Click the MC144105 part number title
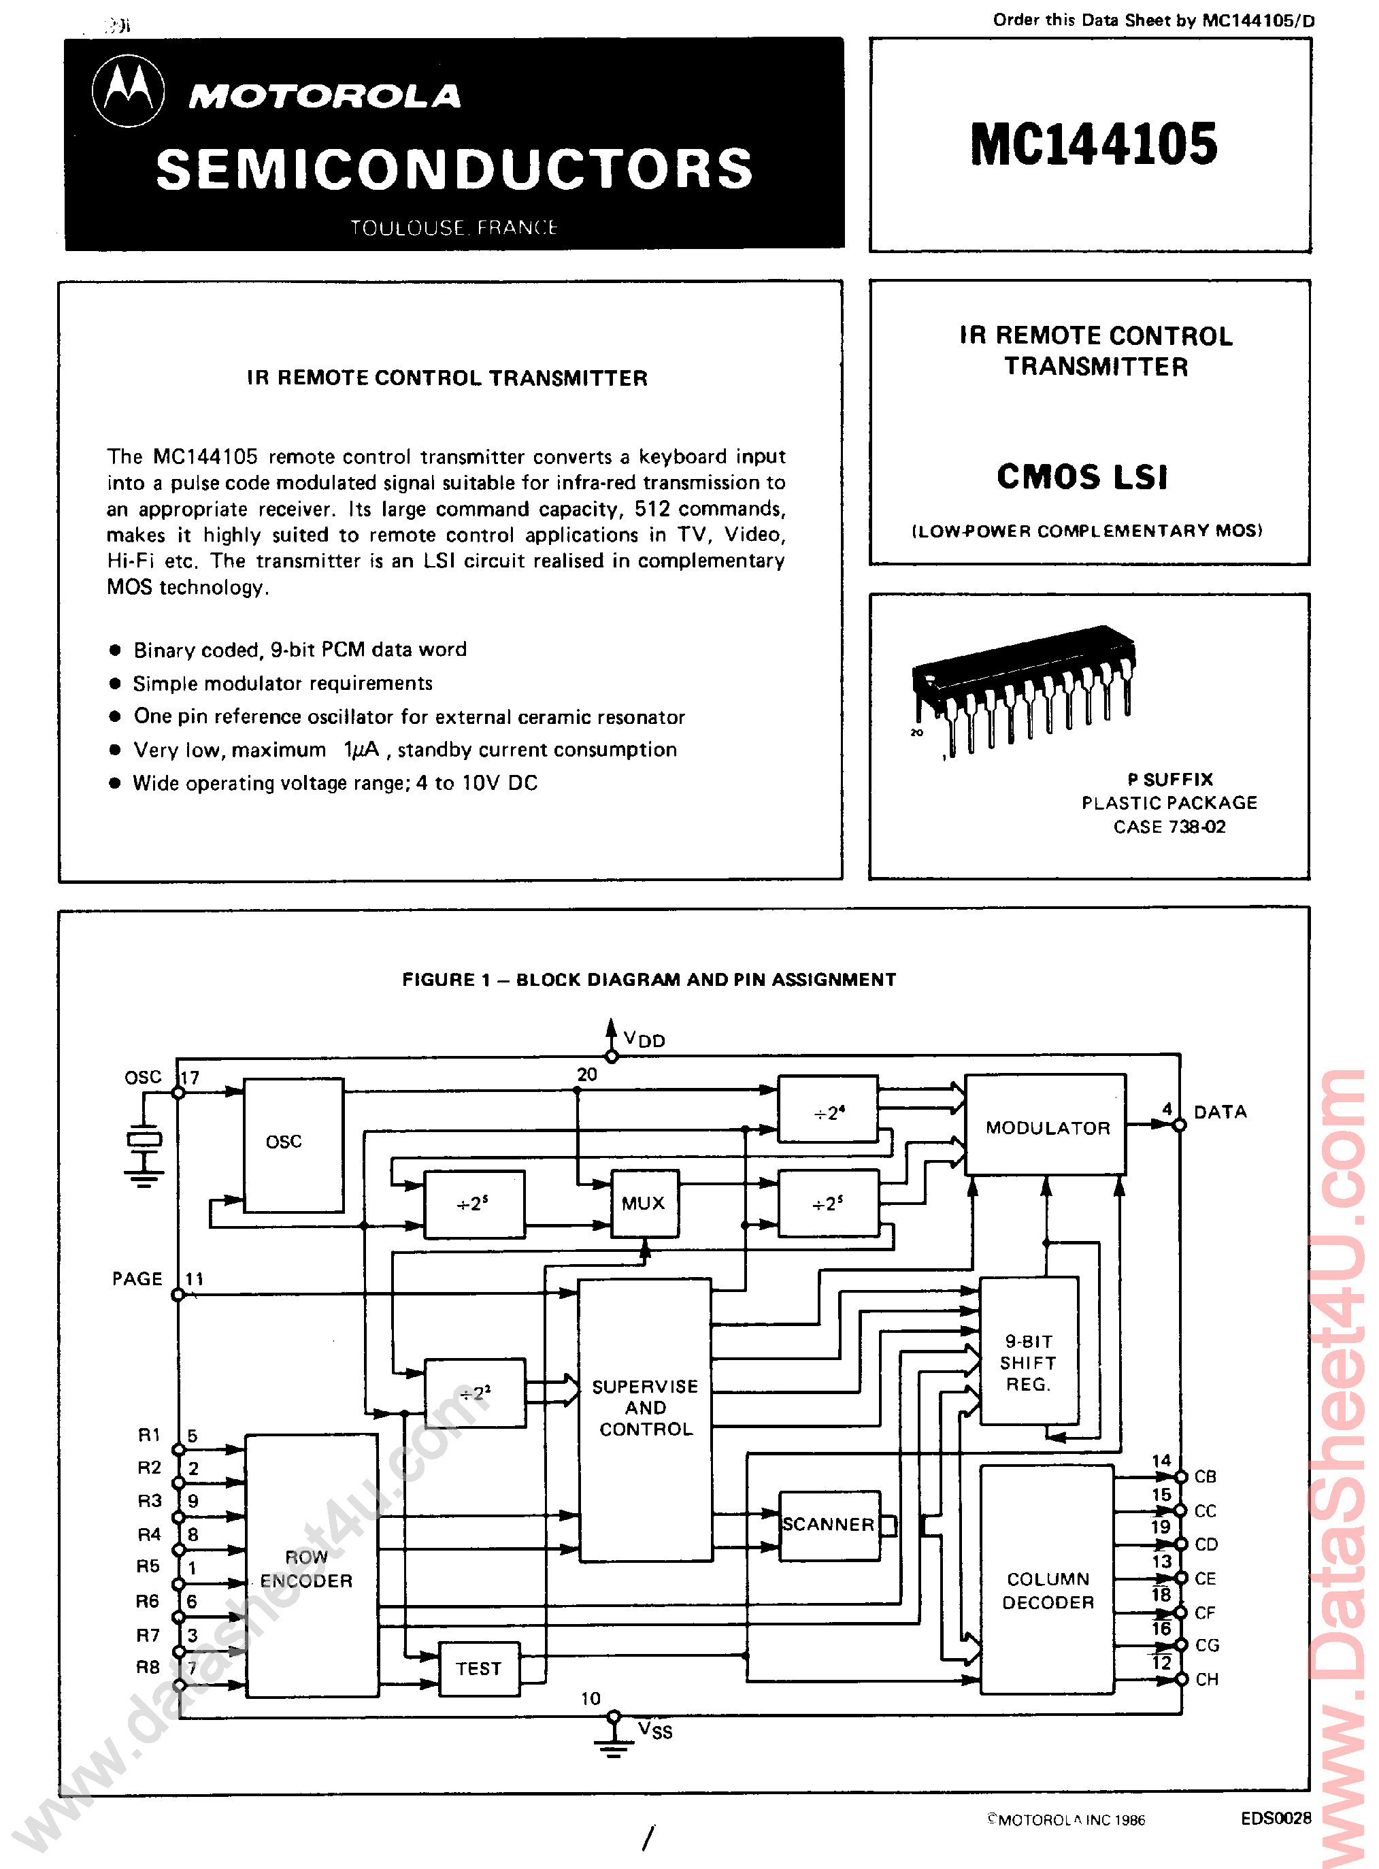[1093, 144]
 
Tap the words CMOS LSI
[1082, 478]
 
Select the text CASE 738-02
[1169, 827]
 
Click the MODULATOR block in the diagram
[1047, 1127]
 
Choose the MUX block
[644, 1203]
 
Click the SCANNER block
[829, 1524]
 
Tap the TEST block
[479, 1668]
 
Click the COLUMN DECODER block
[1048, 1590]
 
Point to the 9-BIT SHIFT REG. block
[1029, 1362]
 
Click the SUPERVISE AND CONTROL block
[645, 1408]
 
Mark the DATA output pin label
[1220, 1112]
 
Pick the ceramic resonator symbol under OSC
[144, 1138]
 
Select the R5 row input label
[148, 1567]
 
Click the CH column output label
[1206, 1678]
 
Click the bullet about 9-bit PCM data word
[299, 650]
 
